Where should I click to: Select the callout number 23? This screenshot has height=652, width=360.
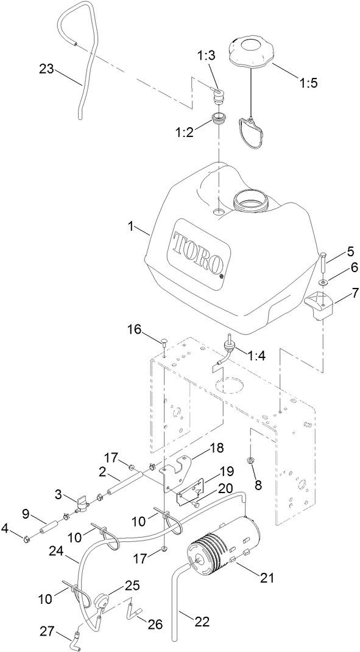point(46,69)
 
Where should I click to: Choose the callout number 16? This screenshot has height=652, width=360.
point(134,329)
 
